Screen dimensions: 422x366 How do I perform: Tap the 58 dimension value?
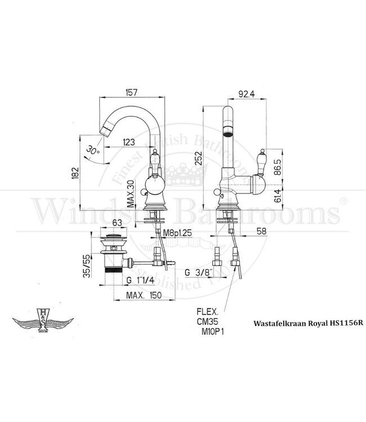click(x=260, y=231)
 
